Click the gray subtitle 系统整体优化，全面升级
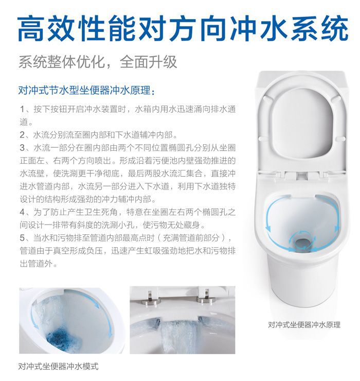coord(98,62)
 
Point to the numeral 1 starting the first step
coord(22,109)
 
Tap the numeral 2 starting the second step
coord(22,135)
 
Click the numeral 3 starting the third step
coord(22,148)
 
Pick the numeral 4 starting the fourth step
coord(22,212)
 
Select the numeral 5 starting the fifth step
coord(22,238)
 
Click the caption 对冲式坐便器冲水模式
coord(59,366)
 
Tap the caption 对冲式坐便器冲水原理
coord(304,325)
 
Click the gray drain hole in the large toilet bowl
coord(302,242)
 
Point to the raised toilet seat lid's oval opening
coord(302,125)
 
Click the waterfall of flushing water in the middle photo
coord(178,337)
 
